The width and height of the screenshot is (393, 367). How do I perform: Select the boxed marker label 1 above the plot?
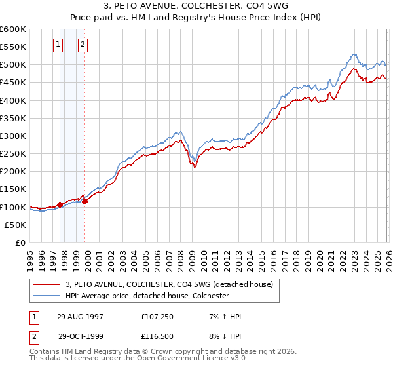click(58, 45)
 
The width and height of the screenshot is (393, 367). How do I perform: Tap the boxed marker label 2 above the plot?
click(83, 45)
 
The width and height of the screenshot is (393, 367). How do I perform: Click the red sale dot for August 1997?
click(60, 204)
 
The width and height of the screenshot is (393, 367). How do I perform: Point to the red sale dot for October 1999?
click(85, 201)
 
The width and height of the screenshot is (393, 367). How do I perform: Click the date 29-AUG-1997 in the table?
click(80, 317)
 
